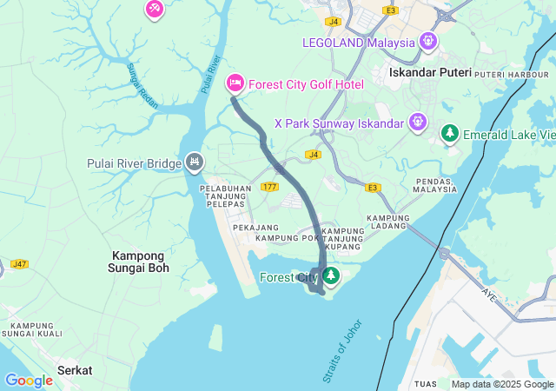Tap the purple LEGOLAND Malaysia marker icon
pyautogui.click(x=427, y=41)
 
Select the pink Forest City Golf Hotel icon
pyautogui.click(x=235, y=84)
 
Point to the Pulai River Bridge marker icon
pyautogui.click(x=195, y=162)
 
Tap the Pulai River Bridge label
pyautogui.click(x=133, y=163)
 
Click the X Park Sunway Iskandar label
pyautogui.click(x=338, y=123)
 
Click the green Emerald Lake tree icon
pyautogui.click(x=449, y=134)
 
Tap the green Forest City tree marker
pyautogui.click(x=331, y=277)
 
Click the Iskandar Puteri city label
pyautogui.click(x=430, y=73)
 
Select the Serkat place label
pyautogui.click(x=75, y=370)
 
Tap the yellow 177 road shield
pyautogui.click(x=269, y=187)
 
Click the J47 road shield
pyautogui.click(x=19, y=263)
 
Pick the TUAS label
pyautogui.click(x=427, y=383)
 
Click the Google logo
pyautogui.click(x=29, y=380)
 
